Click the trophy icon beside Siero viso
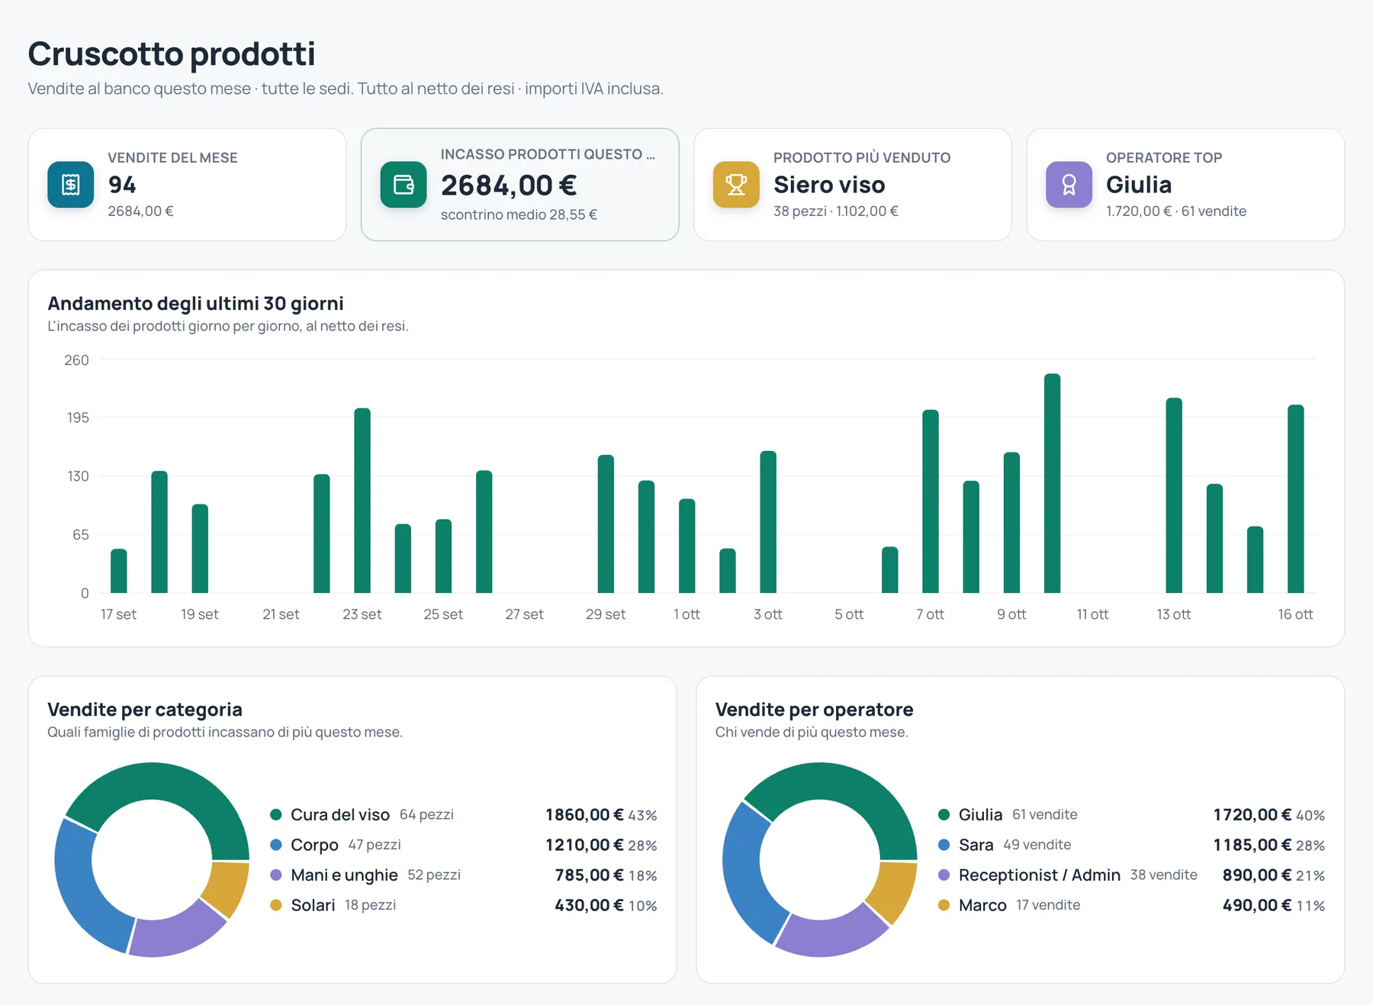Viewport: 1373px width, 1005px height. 736,185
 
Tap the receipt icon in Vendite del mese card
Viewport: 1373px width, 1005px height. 71,185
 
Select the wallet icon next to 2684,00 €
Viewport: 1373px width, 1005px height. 404,185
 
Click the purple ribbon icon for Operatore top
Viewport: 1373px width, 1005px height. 1069,185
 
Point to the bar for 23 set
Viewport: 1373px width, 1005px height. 362,501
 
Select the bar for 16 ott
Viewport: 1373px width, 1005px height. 1296,499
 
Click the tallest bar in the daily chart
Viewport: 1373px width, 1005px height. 1053,483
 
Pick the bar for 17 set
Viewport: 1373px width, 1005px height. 119,571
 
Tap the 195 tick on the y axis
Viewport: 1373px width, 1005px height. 78,417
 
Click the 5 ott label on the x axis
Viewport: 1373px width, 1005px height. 849,614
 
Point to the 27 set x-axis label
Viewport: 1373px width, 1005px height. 524,614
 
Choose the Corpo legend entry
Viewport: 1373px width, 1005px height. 314,845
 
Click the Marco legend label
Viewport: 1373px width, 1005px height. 982,905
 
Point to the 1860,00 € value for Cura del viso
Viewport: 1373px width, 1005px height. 584,815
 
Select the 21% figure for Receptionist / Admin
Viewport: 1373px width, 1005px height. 1310,875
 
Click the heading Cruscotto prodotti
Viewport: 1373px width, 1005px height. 172,53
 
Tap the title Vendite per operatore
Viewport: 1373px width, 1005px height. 814,710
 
